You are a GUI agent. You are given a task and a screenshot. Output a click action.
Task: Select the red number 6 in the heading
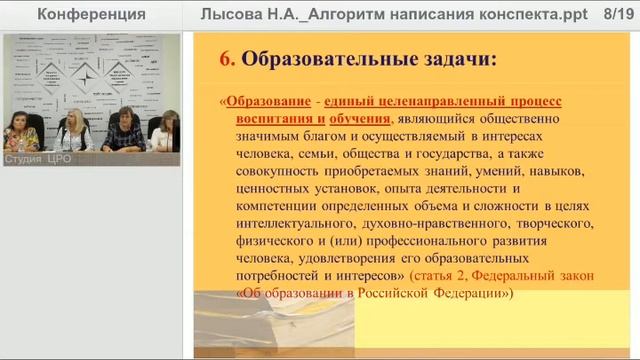point(226,60)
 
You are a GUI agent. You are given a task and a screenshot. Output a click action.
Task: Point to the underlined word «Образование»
point(266,103)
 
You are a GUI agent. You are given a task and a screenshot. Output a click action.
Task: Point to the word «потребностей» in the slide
point(283,275)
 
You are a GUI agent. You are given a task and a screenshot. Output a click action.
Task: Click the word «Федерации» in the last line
point(474,293)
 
